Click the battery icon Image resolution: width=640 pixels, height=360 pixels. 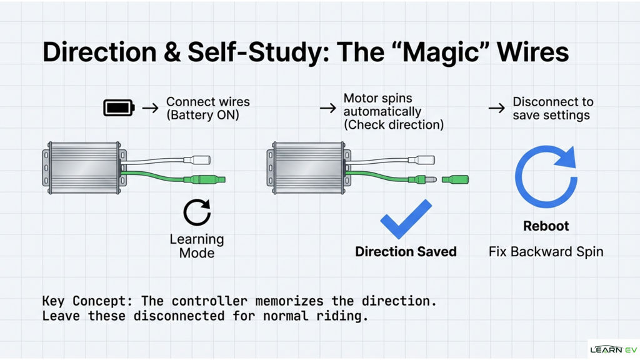(119, 108)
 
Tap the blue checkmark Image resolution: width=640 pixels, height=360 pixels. (406, 219)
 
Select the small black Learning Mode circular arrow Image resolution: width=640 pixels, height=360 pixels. (197, 212)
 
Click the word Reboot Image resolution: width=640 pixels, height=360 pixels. (546, 226)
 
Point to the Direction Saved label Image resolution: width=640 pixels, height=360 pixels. (406, 251)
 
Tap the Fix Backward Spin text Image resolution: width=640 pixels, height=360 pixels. (546, 252)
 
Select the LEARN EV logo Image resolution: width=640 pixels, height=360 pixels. (613, 349)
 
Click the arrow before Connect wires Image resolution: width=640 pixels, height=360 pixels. (150, 108)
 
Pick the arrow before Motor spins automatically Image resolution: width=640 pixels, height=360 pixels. (327, 108)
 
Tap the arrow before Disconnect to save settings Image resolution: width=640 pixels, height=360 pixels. (496, 108)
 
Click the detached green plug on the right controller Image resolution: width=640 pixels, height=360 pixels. (455, 180)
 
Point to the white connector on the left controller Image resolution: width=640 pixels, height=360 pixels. (201, 161)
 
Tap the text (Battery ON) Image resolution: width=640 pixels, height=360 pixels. (202, 115)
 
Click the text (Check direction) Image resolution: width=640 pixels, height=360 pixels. (393, 124)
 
